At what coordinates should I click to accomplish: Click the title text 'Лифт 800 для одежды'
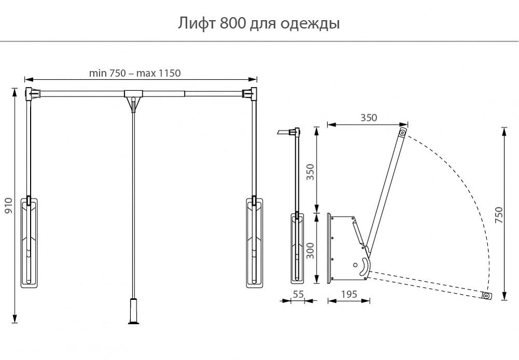point(259,23)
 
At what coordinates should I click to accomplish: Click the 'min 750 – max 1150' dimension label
point(135,73)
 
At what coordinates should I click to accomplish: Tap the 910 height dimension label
point(8,205)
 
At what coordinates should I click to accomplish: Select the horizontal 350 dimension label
point(368,117)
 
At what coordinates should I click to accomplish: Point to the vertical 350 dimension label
point(310,172)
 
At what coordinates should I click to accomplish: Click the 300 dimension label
point(310,251)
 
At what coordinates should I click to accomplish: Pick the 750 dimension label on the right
point(499,215)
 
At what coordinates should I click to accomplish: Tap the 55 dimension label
point(298,294)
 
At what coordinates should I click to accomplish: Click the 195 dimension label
point(349,294)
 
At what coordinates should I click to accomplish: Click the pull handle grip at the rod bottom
point(133,311)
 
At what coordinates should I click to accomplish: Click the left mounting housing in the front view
point(29,242)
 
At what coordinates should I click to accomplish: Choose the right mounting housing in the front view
point(254,242)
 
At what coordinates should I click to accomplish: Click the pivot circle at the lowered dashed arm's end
point(486,296)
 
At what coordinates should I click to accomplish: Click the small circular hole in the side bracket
point(355,265)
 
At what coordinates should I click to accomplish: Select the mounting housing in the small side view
point(297,248)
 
